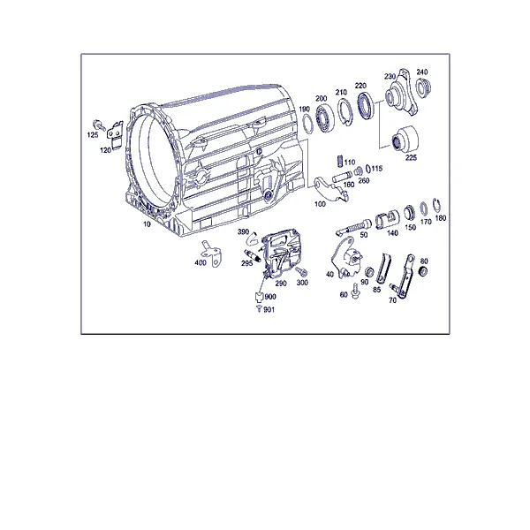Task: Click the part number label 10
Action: tap(147, 224)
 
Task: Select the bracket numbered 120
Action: tap(115, 133)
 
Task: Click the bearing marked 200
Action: tap(325, 118)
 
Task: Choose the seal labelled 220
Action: tap(366, 105)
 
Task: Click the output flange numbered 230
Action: tap(402, 93)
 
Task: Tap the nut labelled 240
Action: tap(423, 87)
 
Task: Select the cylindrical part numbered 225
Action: tap(405, 140)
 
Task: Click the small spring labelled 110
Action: tap(340, 161)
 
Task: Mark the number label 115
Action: tap(377, 169)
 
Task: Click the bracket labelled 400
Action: tap(211, 254)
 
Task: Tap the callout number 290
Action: tap(281, 284)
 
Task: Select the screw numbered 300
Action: tap(301, 271)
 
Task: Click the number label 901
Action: tap(269, 310)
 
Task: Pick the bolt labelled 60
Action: tap(354, 291)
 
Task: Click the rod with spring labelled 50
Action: tap(353, 226)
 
